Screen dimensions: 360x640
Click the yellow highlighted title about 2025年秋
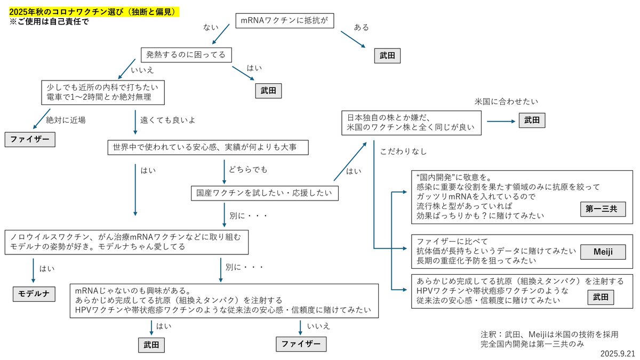click(x=93, y=11)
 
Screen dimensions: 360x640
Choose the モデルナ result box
click(x=34, y=293)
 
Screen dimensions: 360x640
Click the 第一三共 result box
click(x=602, y=209)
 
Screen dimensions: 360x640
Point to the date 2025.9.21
click(x=617, y=353)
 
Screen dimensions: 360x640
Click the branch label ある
click(x=362, y=27)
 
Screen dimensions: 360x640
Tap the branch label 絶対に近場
click(x=66, y=119)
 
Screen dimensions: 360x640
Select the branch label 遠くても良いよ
click(x=167, y=119)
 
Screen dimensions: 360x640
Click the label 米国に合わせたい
click(x=506, y=101)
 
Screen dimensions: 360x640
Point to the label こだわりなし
click(x=404, y=151)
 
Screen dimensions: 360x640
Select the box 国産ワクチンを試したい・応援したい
click(x=265, y=193)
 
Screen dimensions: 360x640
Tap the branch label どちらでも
click(x=248, y=170)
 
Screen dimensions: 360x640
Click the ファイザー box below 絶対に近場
click(x=30, y=140)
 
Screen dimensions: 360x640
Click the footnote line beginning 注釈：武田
click(x=549, y=334)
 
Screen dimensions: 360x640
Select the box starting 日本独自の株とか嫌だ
click(x=412, y=123)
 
